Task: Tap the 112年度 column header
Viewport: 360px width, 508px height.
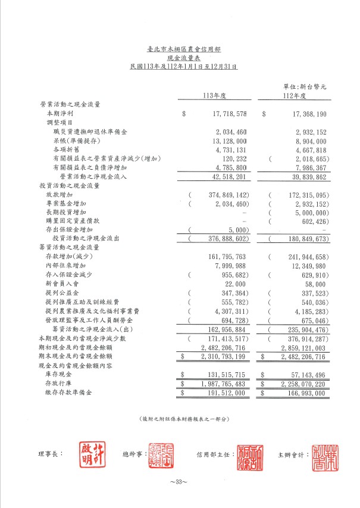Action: pyautogui.click(x=294, y=95)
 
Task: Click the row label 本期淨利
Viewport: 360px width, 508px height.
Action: pyautogui.click(x=60, y=113)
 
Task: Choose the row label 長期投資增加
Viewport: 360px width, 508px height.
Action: pyautogui.click(x=66, y=212)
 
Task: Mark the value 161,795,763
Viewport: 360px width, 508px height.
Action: pyautogui.click(x=221, y=257)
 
